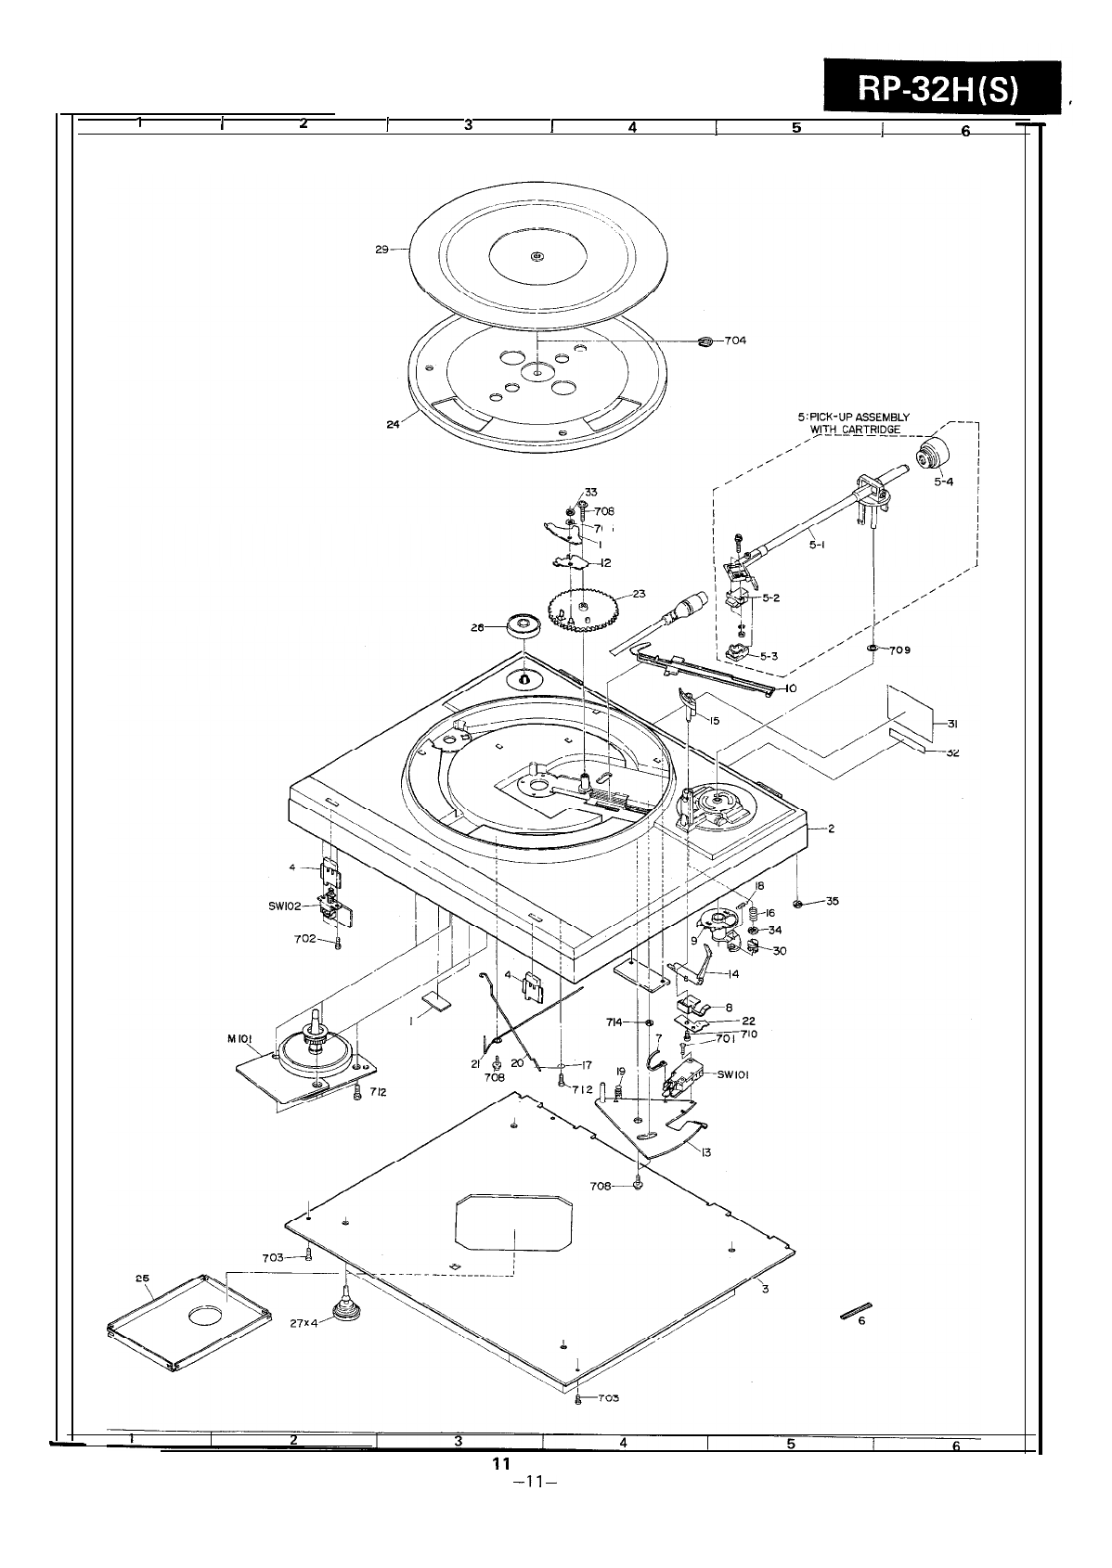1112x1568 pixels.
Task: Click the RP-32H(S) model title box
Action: (x=938, y=89)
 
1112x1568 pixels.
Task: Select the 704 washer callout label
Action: (x=735, y=341)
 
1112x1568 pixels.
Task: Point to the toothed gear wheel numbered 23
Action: (x=582, y=607)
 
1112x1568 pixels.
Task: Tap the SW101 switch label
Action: (x=733, y=1075)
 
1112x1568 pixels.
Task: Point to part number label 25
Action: (x=142, y=1279)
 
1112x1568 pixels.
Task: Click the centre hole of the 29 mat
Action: (x=537, y=257)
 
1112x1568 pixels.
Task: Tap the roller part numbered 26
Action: (x=524, y=624)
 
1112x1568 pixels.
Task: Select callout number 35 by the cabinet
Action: (x=832, y=901)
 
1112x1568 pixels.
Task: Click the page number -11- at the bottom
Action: (x=534, y=1507)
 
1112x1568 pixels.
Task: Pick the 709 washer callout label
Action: (x=899, y=649)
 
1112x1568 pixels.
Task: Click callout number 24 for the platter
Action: (x=392, y=424)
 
